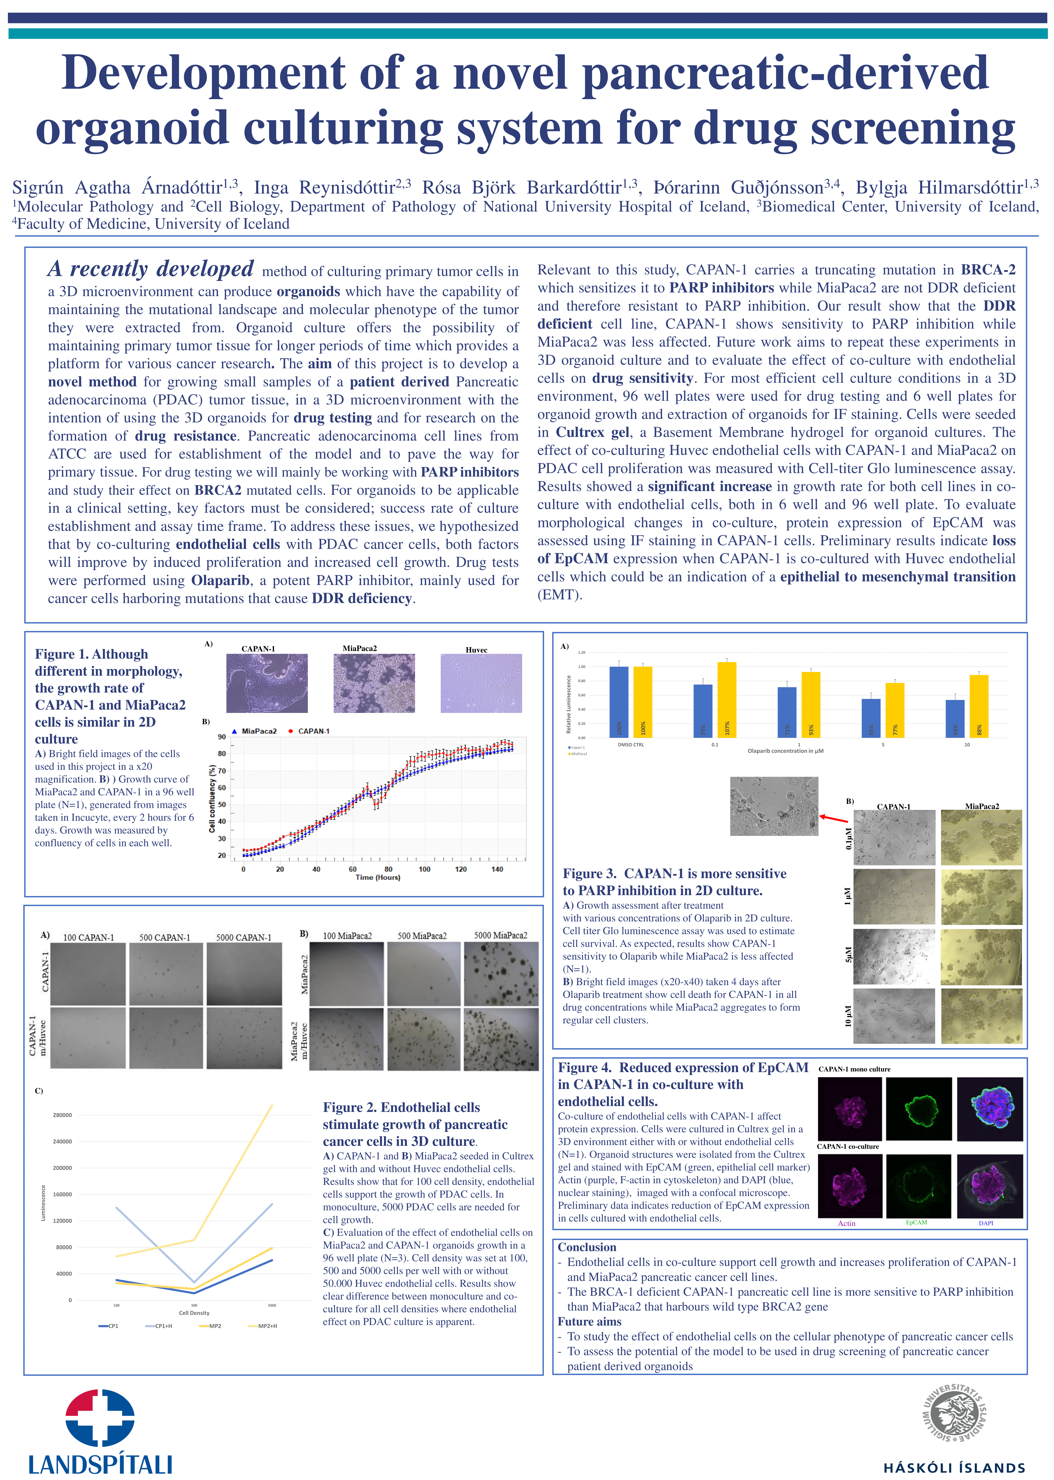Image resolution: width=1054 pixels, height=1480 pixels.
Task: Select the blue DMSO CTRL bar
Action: pyautogui.click(x=619, y=702)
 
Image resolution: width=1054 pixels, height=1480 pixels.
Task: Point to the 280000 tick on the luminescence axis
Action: pyautogui.click(x=62, y=1115)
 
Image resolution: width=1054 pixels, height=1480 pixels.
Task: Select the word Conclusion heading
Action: pyautogui.click(x=587, y=1247)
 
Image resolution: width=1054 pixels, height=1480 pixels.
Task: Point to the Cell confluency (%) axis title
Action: pyautogui.click(x=212, y=798)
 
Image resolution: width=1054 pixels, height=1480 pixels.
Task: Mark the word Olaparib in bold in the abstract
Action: pyautogui.click(x=220, y=581)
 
